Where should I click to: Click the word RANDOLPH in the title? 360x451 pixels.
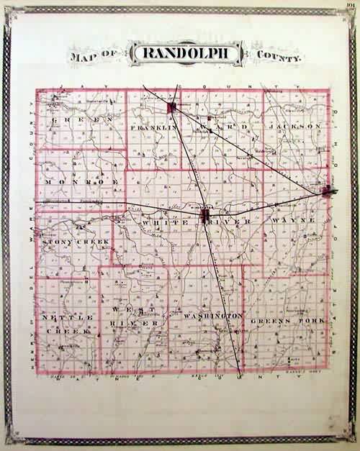pos(178,53)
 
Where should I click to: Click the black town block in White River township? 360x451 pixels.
pos(205,215)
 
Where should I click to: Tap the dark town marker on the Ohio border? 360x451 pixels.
pos(328,191)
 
